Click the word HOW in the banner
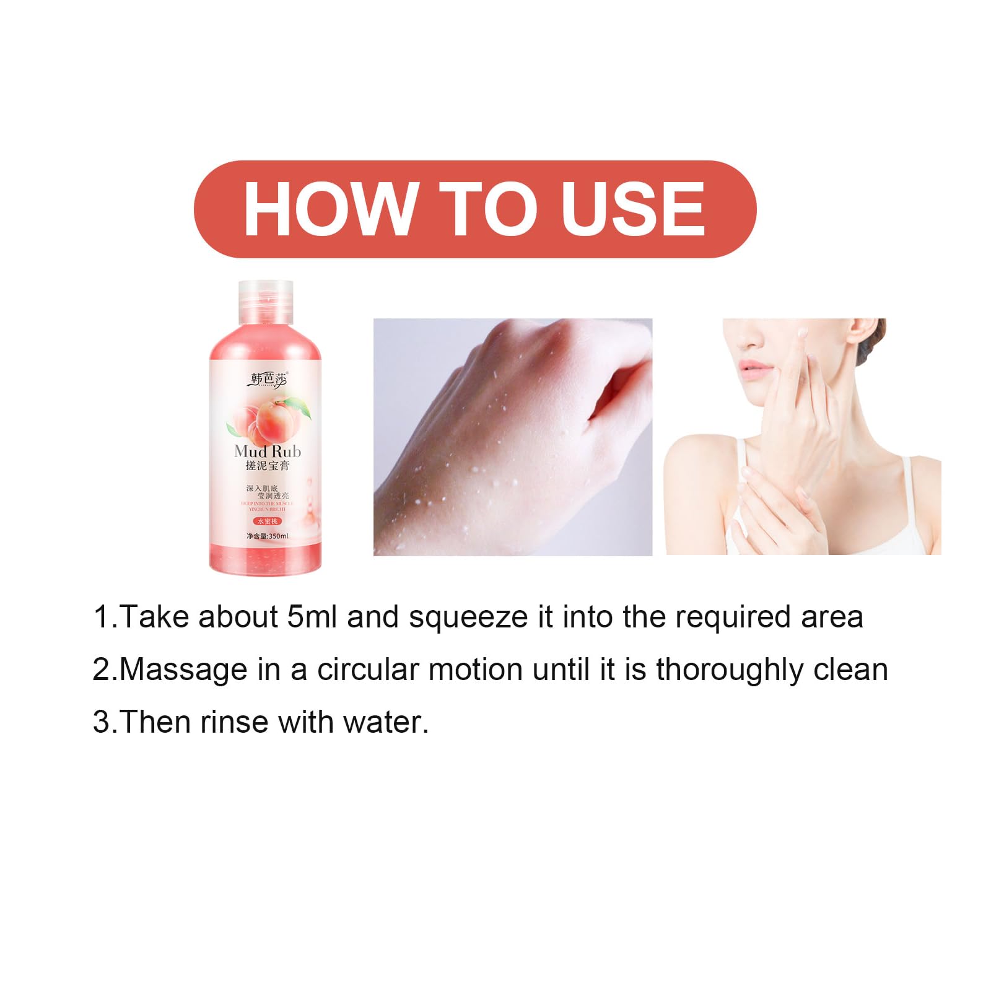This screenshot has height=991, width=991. (x=329, y=209)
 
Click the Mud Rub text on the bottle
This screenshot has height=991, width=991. (x=268, y=451)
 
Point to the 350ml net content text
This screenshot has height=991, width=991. (x=268, y=536)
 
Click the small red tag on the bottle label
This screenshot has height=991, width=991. (x=267, y=522)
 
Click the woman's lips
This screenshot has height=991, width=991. (x=754, y=369)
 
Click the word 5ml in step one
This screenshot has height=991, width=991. (x=313, y=618)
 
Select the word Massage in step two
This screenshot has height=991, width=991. (x=183, y=670)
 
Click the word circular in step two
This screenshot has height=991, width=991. (x=368, y=670)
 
